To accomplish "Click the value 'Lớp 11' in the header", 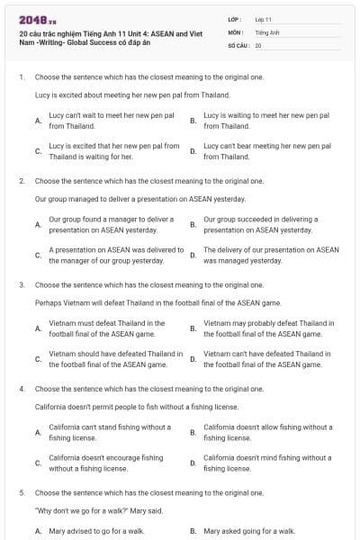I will point(263,19).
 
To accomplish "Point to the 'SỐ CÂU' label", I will point(238,44).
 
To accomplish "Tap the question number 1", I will point(21,78).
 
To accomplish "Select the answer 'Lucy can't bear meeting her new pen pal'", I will point(266,150).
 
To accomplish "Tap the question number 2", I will point(21,181).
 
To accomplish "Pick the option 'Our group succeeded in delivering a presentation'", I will point(260,224).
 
